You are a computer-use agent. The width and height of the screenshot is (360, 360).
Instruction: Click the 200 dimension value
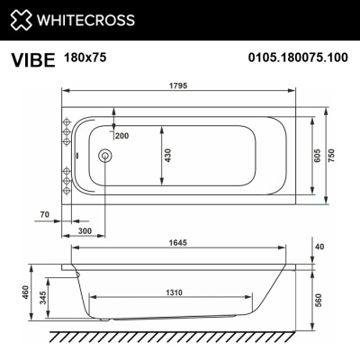(x=121, y=134)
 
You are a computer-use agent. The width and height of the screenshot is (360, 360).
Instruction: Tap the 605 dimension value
(x=318, y=156)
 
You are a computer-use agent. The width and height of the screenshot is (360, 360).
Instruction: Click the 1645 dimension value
(x=183, y=240)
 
